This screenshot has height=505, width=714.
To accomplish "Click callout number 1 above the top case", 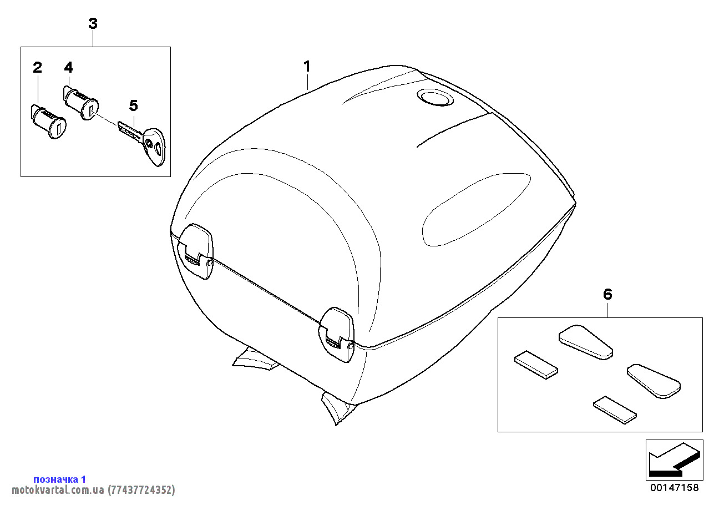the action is click(x=307, y=67).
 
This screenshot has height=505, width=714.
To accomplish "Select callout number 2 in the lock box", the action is click(x=37, y=68).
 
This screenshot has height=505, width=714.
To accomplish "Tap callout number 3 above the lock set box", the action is click(x=93, y=24).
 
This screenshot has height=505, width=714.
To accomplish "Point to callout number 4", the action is click(x=69, y=67).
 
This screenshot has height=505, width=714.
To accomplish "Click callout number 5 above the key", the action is click(x=134, y=105).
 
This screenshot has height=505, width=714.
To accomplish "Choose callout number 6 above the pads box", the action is click(x=607, y=294).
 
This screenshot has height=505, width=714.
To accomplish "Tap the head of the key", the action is click(x=154, y=147).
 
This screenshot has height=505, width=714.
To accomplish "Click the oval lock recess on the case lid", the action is click(x=435, y=97).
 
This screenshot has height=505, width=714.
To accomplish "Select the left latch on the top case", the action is click(x=195, y=251).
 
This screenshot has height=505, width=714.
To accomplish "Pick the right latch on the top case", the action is click(x=336, y=335).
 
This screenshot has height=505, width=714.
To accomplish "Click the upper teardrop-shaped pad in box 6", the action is click(x=585, y=342).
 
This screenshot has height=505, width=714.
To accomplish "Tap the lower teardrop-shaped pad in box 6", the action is click(x=654, y=381).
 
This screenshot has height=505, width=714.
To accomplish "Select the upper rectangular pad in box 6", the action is click(x=536, y=365).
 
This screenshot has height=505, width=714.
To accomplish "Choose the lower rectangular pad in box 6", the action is click(x=615, y=410).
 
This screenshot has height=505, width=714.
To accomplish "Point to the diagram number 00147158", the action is click(x=675, y=488).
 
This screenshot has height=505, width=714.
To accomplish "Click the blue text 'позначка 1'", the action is click(x=59, y=479).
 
